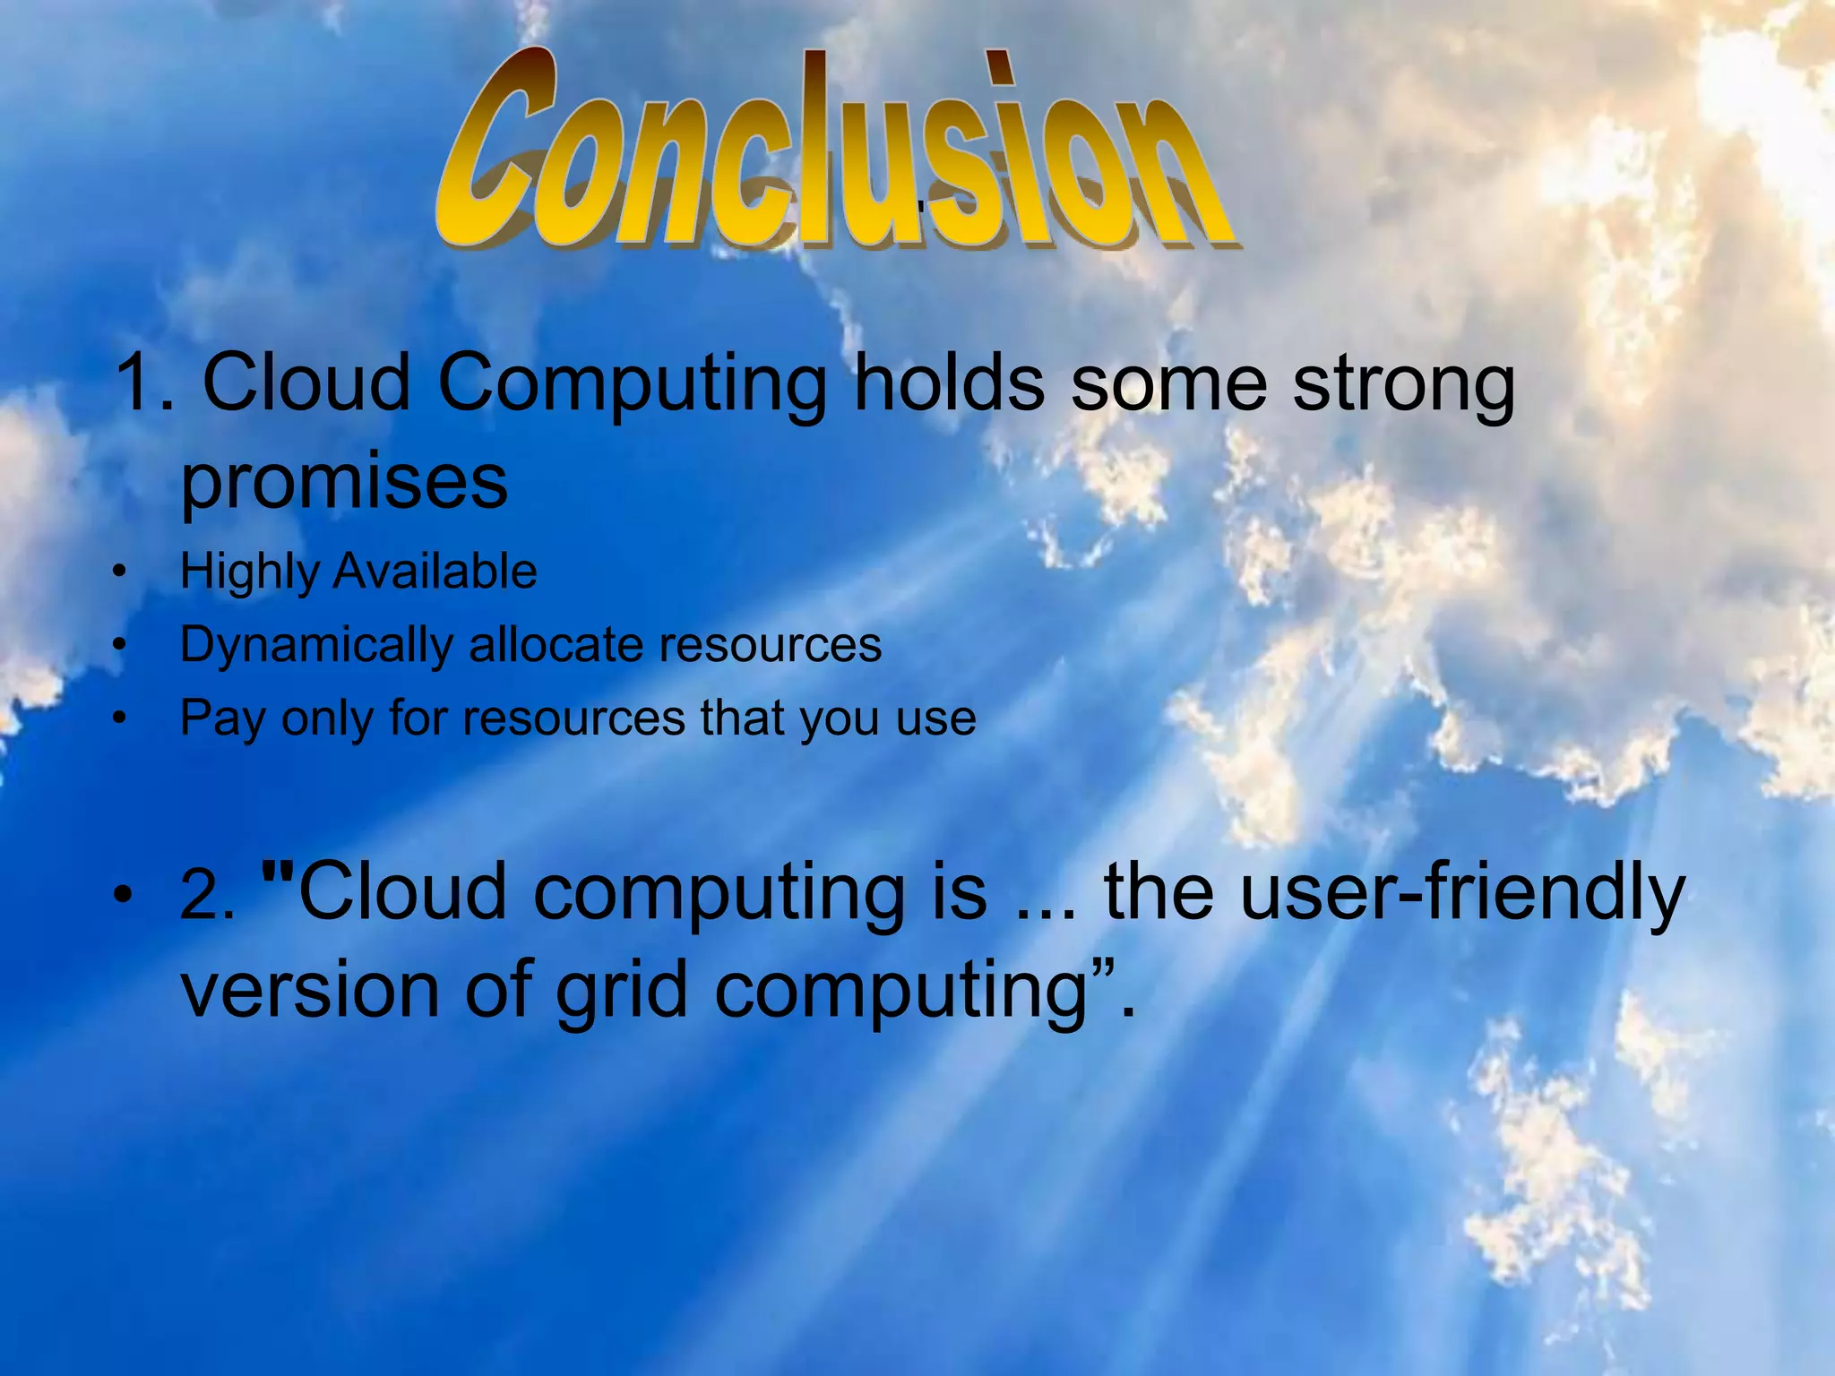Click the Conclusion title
click(833, 152)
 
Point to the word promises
click(344, 484)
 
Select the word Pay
click(222, 719)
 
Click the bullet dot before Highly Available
click(119, 572)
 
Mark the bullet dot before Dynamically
click(119, 645)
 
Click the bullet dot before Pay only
click(119, 718)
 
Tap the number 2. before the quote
click(207, 896)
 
